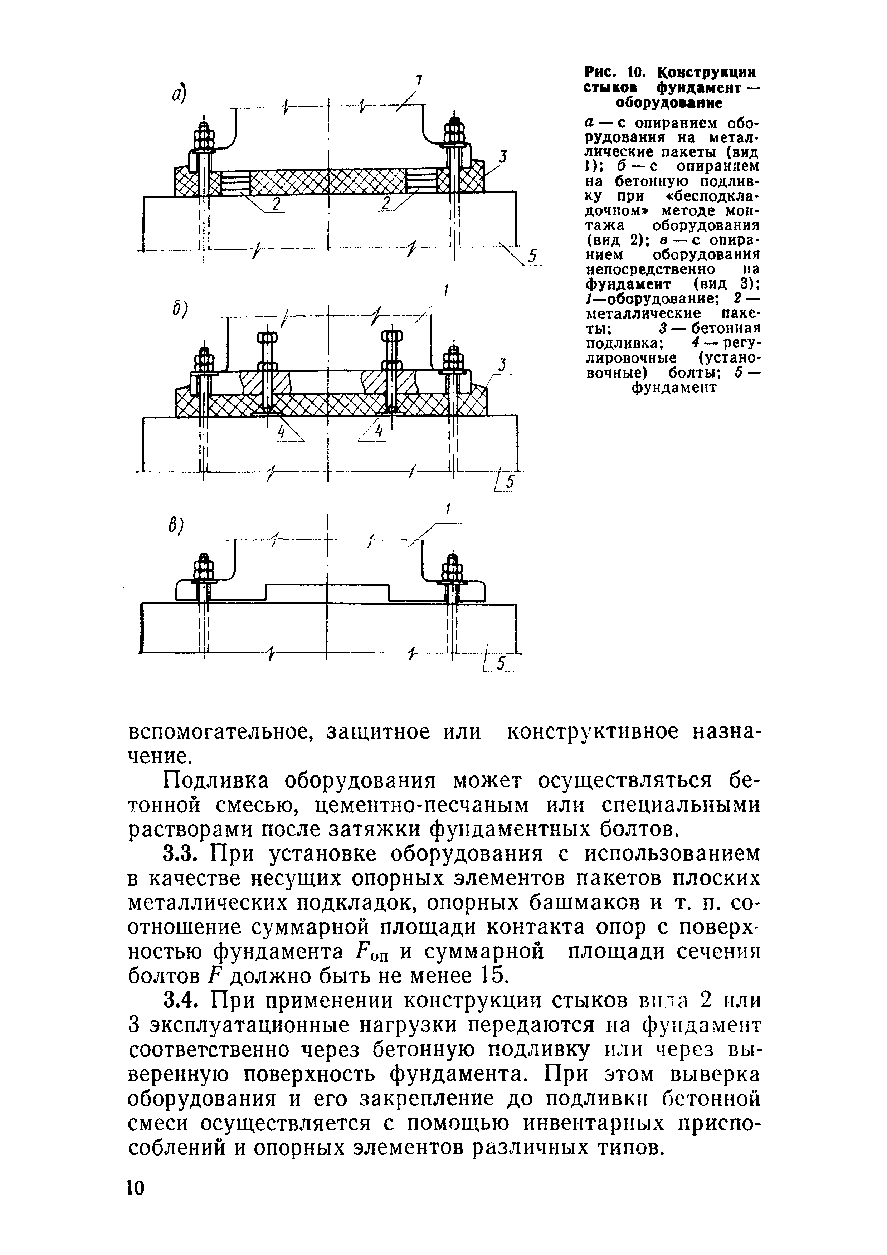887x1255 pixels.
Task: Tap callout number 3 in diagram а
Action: coord(503,157)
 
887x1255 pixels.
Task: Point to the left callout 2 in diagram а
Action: coord(276,203)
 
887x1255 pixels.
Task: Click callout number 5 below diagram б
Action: coord(511,482)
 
